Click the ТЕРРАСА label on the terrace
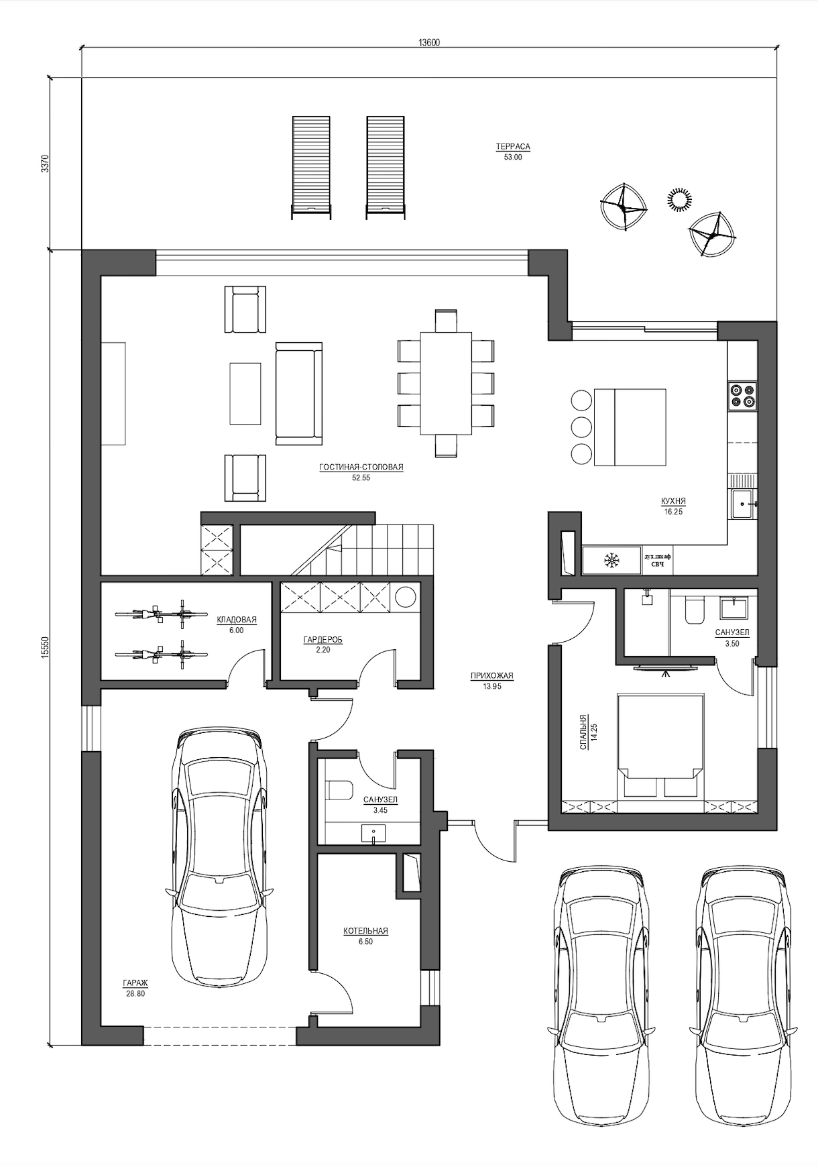(513, 146)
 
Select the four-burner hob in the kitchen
(743, 394)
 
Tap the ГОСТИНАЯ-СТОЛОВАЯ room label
(361, 467)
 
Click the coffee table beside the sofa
(245, 393)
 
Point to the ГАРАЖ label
(135, 983)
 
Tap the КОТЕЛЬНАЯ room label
(365, 931)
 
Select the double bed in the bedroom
(660, 745)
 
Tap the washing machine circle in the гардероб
(405, 597)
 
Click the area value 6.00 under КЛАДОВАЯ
(236, 630)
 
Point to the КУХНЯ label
(673, 501)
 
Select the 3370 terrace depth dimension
(45, 164)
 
